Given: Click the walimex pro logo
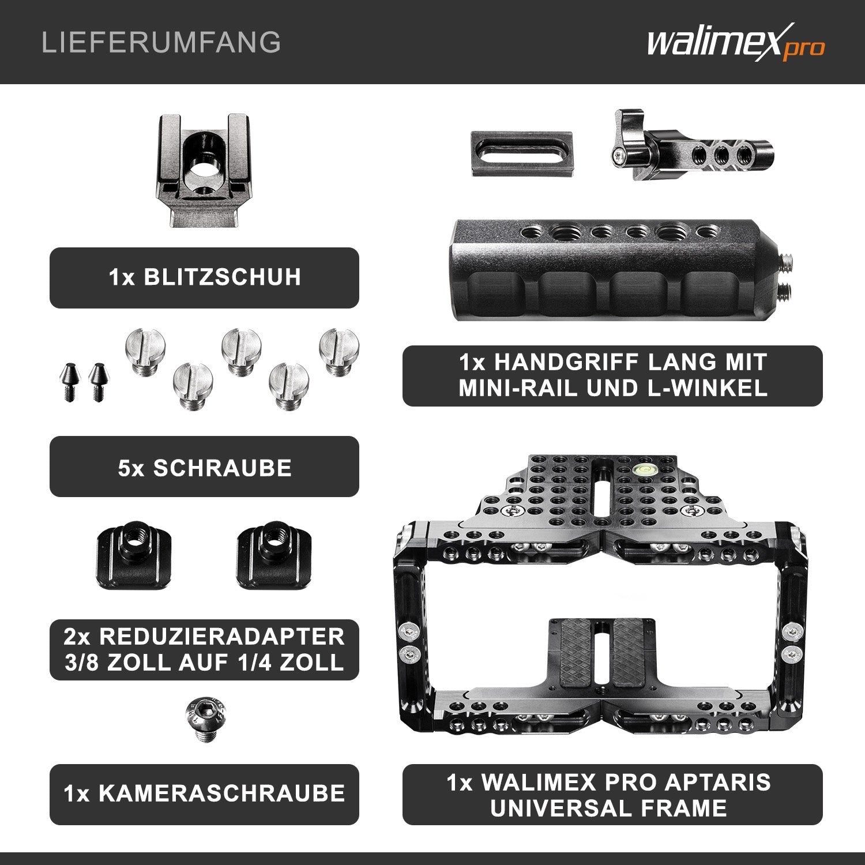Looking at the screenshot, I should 735,43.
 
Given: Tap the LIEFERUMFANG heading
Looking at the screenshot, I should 161,43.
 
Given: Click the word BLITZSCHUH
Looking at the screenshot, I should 222,277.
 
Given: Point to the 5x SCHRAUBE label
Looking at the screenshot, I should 205,468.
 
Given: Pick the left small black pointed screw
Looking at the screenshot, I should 69,381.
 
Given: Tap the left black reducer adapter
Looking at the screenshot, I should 133,558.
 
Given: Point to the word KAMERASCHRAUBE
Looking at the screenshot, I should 222,793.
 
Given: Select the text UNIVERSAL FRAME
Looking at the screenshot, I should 608,808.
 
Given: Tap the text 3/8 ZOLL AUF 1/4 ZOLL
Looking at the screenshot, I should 205,663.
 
